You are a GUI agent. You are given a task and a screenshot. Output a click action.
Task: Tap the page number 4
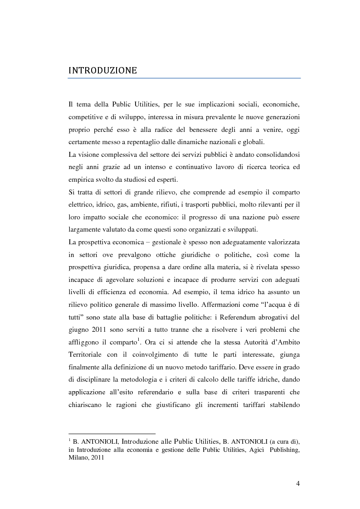[298, 483]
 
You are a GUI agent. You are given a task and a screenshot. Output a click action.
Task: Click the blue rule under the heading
[184, 78]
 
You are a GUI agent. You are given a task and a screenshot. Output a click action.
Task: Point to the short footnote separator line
[112, 433]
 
